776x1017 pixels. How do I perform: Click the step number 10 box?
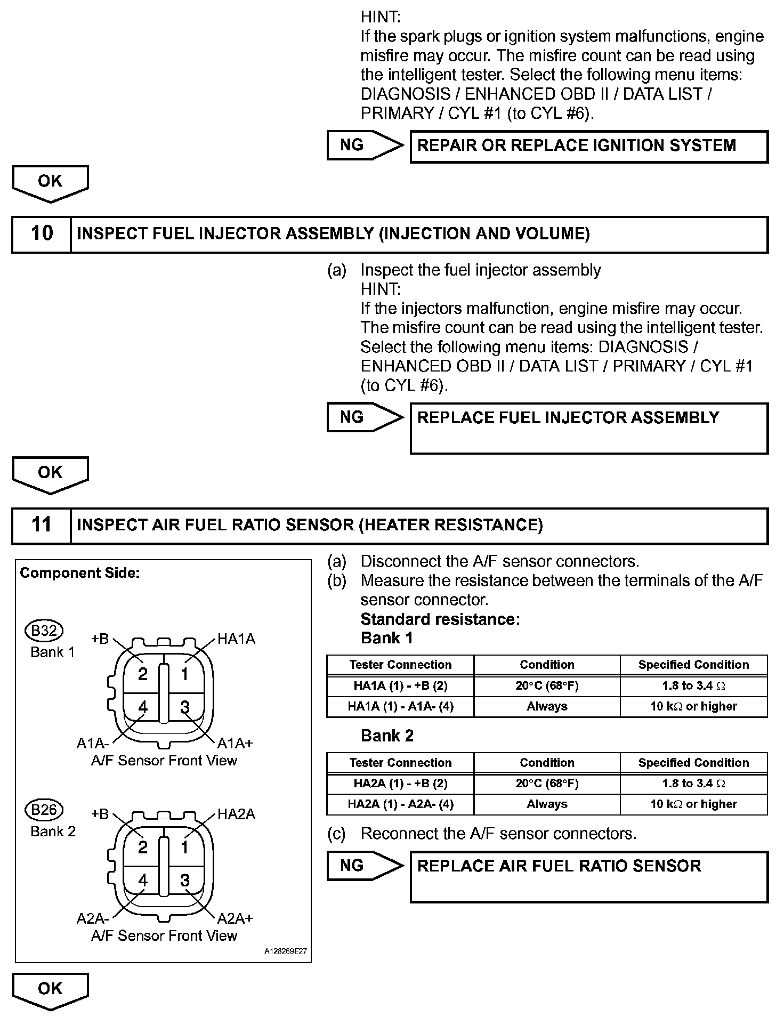pyautogui.click(x=42, y=234)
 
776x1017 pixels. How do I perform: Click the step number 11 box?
pyautogui.click(x=42, y=525)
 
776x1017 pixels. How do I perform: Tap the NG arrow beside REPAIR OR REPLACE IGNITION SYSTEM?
pyautogui.click(x=365, y=145)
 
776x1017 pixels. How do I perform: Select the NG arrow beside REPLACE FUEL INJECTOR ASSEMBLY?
pyautogui.click(x=365, y=417)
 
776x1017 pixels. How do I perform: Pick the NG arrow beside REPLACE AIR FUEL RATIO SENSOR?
pyautogui.click(x=365, y=866)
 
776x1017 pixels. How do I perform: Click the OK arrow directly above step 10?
pyautogui.click(x=50, y=183)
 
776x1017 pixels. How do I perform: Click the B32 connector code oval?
pyautogui.click(x=44, y=631)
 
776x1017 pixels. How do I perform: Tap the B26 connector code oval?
pyautogui.click(x=44, y=810)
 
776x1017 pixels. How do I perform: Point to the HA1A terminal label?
pyautogui.click(x=236, y=639)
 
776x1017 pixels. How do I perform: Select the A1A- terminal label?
pyautogui.click(x=93, y=743)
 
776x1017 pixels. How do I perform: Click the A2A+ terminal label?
pyautogui.click(x=235, y=918)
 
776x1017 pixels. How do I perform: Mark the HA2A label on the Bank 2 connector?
pyautogui.click(x=236, y=814)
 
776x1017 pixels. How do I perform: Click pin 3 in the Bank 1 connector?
pyautogui.click(x=185, y=708)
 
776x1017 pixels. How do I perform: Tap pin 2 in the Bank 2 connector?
pyautogui.click(x=142, y=848)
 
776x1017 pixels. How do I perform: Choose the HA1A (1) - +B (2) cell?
pyautogui.click(x=400, y=686)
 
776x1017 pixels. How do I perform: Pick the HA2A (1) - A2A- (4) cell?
pyautogui.click(x=400, y=804)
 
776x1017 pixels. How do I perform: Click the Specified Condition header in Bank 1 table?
pyautogui.click(x=693, y=665)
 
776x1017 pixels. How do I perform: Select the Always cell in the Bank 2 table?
pyautogui.click(x=547, y=804)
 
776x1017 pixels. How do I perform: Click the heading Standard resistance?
pyautogui.click(x=440, y=619)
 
